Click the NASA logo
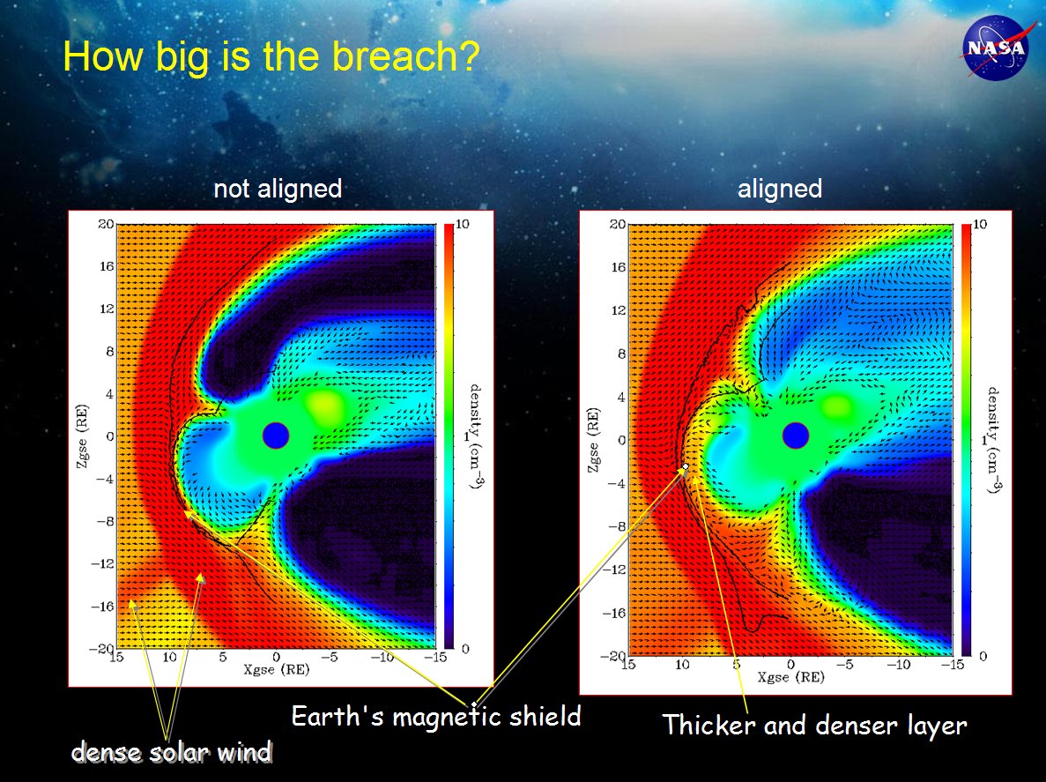(x=996, y=48)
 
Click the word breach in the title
(x=406, y=56)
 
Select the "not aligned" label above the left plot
(x=278, y=189)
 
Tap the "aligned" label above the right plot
(x=780, y=189)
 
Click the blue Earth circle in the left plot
(x=276, y=436)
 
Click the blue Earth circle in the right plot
(x=795, y=436)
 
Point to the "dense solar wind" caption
(x=172, y=752)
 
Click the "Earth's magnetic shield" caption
(x=436, y=717)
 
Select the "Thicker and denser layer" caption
(x=814, y=726)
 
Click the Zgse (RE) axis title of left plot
(x=82, y=436)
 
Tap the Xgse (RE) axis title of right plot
(x=790, y=677)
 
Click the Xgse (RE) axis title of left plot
(x=276, y=669)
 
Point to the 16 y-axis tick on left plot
(x=107, y=265)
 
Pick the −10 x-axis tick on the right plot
(x=899, y=665)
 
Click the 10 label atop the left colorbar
(x=463, y=224)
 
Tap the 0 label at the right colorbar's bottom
(x=983, y=657)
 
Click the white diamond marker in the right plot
(x=686, y=466)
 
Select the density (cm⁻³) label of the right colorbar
(x=993, y=440)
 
